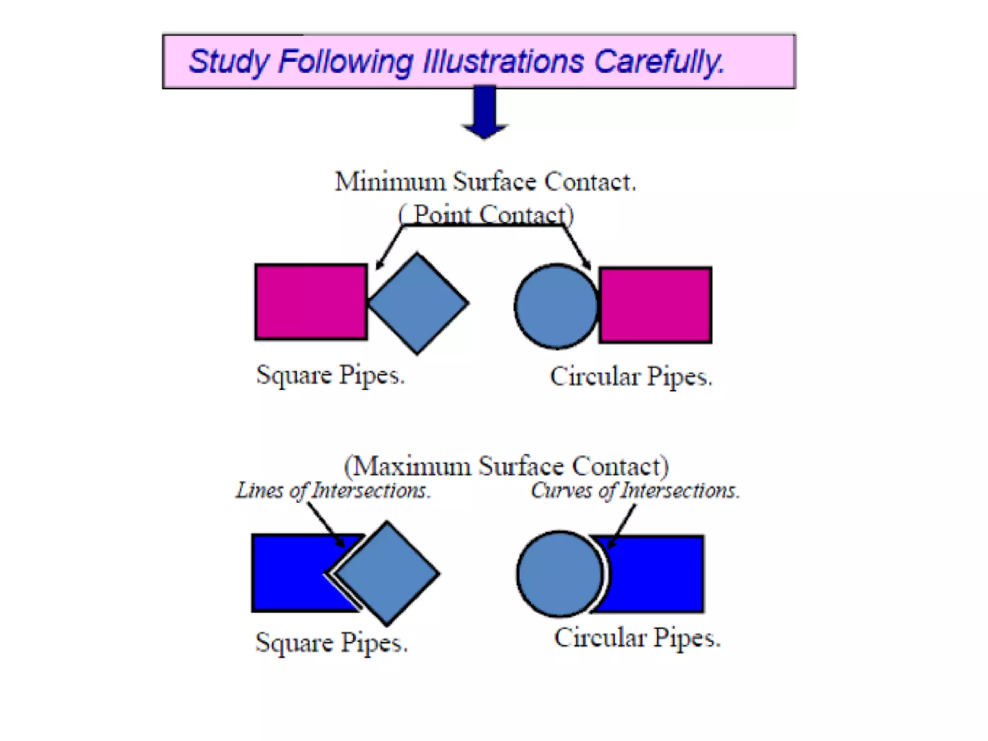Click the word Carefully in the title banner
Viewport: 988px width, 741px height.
pyautogui.click(x=659, y=62)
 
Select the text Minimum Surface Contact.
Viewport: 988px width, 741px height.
pyautogui.click(x=485, y=182)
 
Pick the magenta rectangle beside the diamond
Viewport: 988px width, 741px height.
pyautogui.click(x=311, y=302)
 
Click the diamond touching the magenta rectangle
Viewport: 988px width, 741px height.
pyautogui.click(x=418, y=303)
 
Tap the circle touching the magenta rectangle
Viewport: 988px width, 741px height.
pyautogui.click(x=556, y=306)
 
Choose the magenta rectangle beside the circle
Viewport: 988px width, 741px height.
pyautogui.click(x=655, y=305)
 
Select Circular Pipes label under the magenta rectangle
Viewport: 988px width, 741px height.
pyautogui.click(x=631, y=377)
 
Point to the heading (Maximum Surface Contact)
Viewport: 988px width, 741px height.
pyautogui.click(x=506, y=466)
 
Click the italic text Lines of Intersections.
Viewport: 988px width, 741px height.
pyautogui.click(x=333, y=491)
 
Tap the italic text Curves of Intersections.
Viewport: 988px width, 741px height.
pyautogui.click(x=635, y=491)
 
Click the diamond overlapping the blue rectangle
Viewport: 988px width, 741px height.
pyautogui.click(x=387, y=573)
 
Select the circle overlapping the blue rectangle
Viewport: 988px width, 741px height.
pyautogui.click(x=559, y=574)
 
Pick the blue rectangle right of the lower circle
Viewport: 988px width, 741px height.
pyautogui.click(x=656, y=574)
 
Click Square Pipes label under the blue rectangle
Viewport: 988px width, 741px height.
pyautogui.click(x=331, y=643)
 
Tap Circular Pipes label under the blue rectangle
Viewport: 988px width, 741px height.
pyautogui.click(x=637, y=638)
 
